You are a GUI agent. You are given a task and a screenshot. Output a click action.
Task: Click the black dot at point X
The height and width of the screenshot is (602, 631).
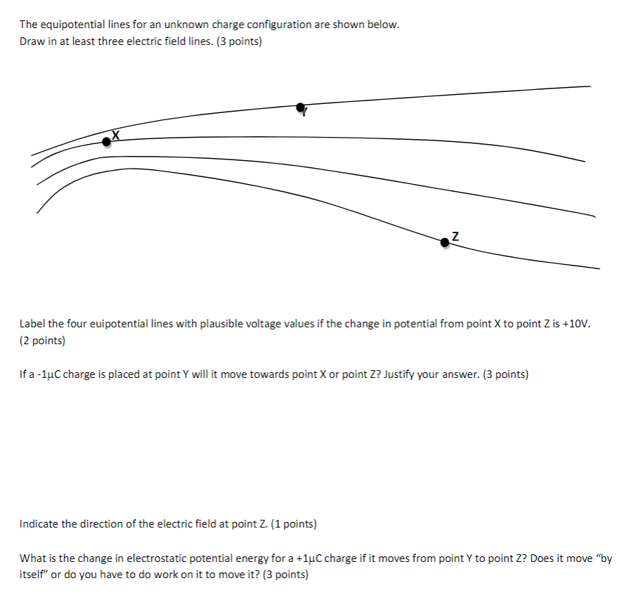(x=106, y=142)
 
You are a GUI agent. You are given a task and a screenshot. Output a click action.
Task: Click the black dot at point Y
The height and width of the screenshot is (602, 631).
(x=301, y=107)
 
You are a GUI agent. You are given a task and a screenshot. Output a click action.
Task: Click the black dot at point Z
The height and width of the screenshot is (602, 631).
(x=444, y=242)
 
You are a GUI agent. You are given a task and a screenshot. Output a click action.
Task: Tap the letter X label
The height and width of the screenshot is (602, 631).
(x=116, y=135)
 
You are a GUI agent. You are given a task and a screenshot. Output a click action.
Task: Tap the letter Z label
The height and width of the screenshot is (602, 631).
(x=455, y=236)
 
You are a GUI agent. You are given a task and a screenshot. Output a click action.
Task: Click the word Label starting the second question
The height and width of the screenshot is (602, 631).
(x=32, y=325)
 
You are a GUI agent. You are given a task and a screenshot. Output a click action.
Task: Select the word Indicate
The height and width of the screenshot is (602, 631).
(x=41, y=524)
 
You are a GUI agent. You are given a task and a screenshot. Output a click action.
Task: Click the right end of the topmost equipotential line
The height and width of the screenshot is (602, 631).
(x=589, y=87)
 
